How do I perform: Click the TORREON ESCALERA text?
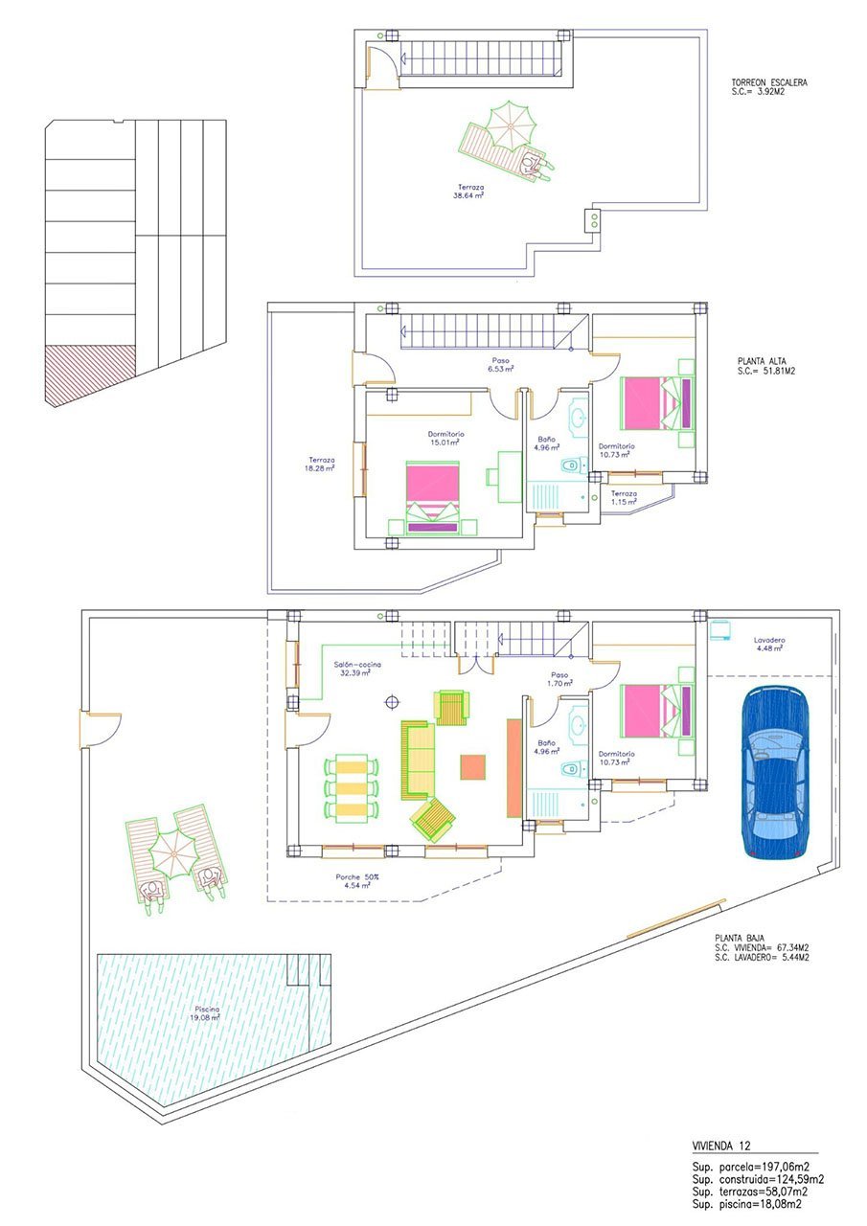768,82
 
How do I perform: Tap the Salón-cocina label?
355,668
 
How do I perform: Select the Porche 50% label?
356,880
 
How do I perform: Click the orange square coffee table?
473,767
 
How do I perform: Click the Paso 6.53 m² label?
499,365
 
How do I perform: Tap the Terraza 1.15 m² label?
624,498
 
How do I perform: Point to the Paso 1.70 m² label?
559,679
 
